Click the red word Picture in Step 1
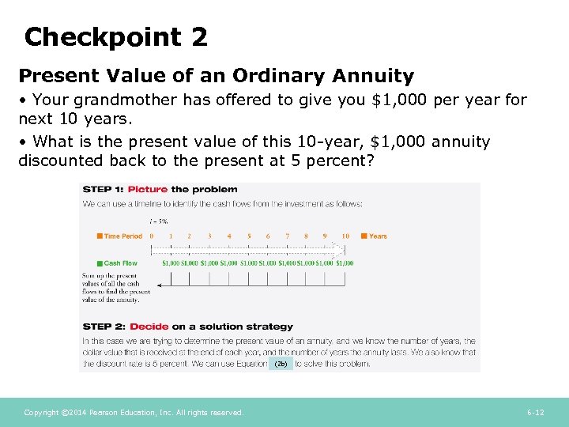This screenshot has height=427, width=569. coord(148,190)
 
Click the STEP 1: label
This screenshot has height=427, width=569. coord(104,190)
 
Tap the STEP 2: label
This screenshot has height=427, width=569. coord(104,327)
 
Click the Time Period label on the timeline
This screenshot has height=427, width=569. coord(122,236)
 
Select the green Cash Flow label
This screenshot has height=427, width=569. coord(120,263)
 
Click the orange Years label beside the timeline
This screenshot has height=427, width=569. coord(378,236)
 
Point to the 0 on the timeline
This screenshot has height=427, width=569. coord(152,236)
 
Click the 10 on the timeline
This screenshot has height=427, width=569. coord(345,236)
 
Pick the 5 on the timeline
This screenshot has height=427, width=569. coord(249,236)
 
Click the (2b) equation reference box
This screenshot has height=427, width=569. coord(281,364)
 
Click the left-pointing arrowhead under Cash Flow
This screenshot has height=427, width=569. coord(160,285)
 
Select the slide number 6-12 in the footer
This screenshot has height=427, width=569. coord(535,413)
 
